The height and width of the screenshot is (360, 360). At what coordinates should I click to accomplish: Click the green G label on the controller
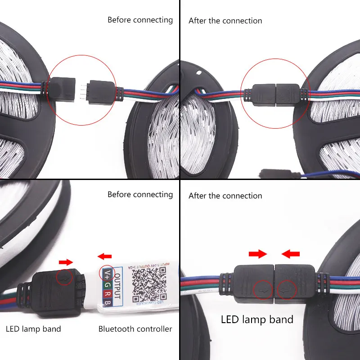point(107,286)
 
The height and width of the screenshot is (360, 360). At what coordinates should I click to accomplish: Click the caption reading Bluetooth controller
point(135,329)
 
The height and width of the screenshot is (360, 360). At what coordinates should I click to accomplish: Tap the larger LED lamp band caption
point(257,319)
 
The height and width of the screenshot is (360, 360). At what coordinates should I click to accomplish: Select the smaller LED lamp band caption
point(33,329)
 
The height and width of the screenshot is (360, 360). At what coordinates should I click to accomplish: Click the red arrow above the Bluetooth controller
point(105,256)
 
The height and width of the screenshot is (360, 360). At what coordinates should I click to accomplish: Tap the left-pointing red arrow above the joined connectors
point(291,255)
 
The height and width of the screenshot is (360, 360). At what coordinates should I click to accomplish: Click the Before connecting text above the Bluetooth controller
point(140,194)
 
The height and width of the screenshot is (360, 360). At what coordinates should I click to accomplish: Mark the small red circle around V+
point(107,274)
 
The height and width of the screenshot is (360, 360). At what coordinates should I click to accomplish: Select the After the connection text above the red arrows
point(225,196)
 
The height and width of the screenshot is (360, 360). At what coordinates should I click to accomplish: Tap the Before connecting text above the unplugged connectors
point(140,20)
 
